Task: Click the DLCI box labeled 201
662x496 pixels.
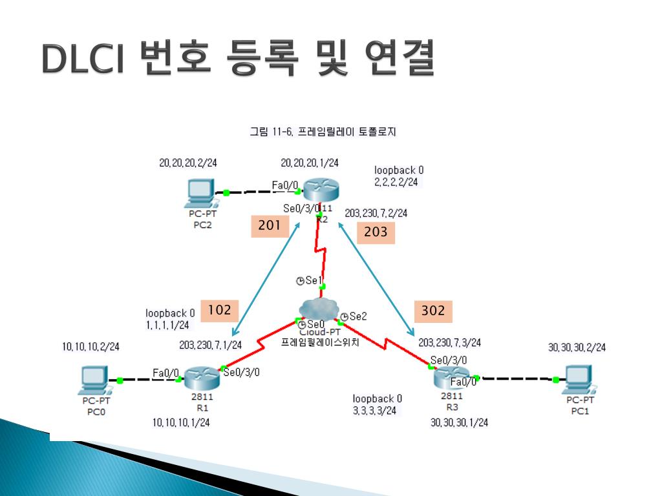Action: (x=269, y=225)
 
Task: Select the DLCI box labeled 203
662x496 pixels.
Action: (x=376, y=232)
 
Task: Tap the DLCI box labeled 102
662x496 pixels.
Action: (x=219, y=311)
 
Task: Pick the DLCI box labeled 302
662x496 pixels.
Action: (x=433, y=311)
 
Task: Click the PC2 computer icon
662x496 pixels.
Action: (x=200, y=191)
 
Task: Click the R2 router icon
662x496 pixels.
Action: (x=321, y=190)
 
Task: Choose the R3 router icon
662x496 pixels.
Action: (x=453, y=377)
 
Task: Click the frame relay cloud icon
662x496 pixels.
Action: (x=320, y=310)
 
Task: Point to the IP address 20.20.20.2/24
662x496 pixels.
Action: (x=188, y=163)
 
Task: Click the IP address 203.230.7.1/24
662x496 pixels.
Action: (x=211, y=346)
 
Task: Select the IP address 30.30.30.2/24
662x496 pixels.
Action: (x=577, y=347)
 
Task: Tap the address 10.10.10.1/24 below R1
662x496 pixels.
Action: (x=181, y=422)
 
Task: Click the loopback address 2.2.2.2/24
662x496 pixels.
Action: (x=396, y=182)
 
